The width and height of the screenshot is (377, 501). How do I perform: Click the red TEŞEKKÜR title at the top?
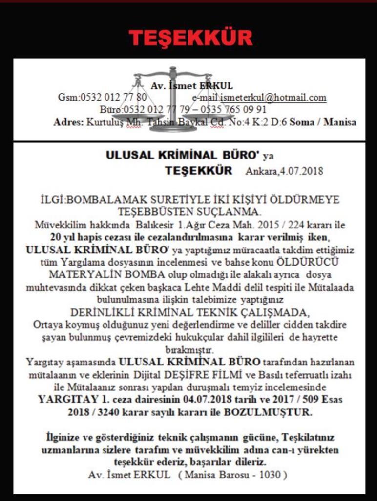[190, 38]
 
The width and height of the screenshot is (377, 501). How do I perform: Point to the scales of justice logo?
[172, 98]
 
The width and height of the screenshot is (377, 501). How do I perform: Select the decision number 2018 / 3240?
[93, 412]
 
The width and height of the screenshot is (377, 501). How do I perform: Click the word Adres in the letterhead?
[68, 122]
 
